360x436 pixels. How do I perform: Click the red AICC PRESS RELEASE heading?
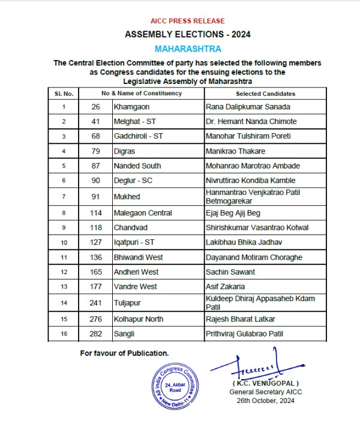pos(179,21)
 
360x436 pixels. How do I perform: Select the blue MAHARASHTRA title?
pos(179,48)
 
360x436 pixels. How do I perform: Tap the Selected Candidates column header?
pos(265,94)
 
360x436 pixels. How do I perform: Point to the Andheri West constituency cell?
pos(136,272)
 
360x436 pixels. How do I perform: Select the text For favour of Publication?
pos(124,353)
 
